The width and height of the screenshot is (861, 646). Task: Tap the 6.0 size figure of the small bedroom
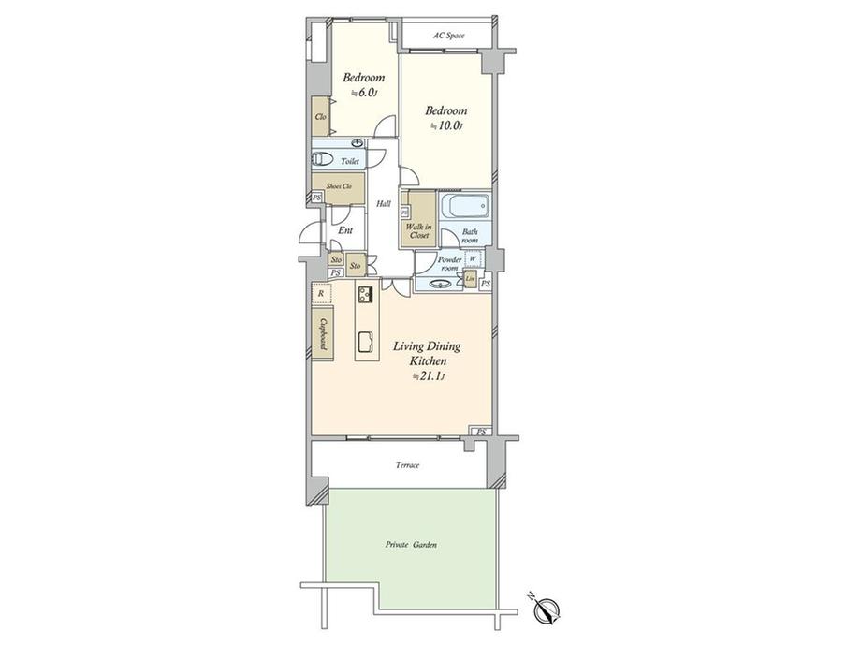pos(365,93)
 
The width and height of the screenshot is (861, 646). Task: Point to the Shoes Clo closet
pos(338,186)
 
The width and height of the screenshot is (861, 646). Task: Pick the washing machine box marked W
pos(473,259)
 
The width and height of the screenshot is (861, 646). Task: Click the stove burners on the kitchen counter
pos(365,298)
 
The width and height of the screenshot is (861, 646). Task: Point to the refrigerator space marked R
pos(321,293)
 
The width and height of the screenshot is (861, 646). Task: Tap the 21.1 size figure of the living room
pos(430,376)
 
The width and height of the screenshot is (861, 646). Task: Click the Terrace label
pos(407,465)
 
